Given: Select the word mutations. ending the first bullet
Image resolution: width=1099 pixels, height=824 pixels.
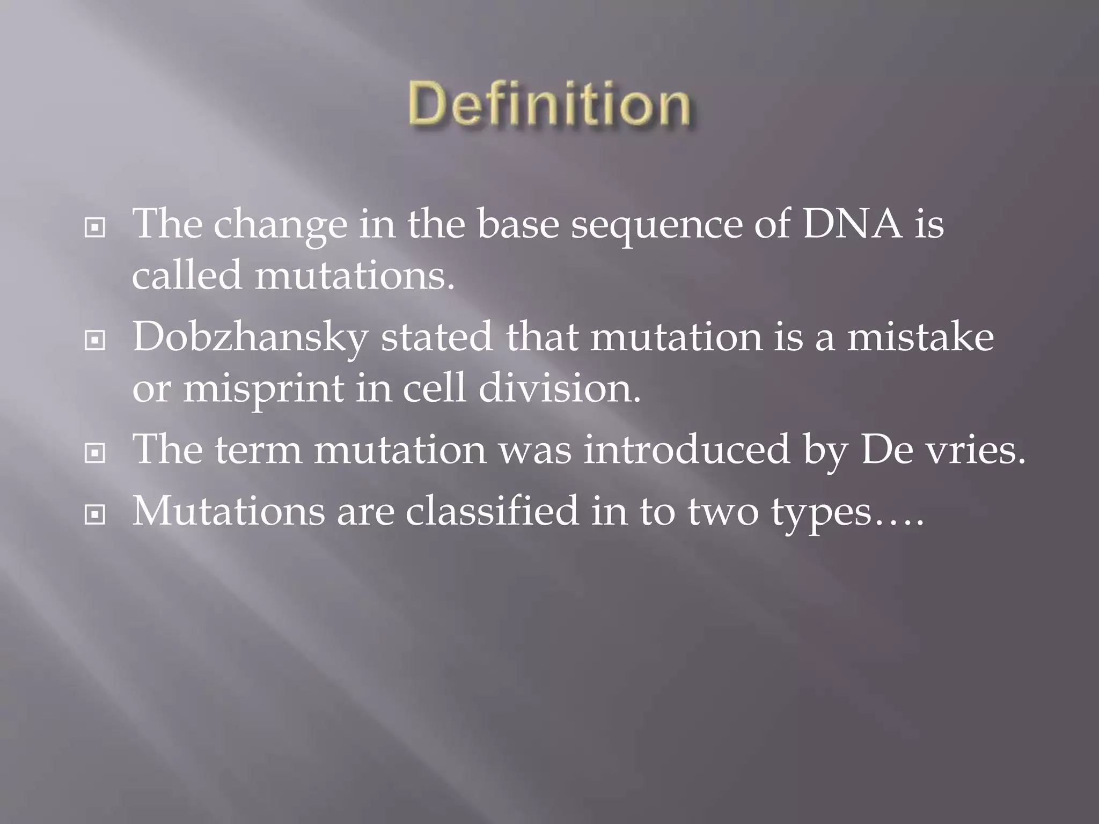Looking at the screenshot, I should [x=354, y=276].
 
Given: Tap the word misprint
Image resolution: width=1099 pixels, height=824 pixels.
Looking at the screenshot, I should [x=263, y=389].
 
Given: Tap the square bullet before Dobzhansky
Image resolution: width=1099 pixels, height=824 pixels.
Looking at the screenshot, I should [x=95, y=340].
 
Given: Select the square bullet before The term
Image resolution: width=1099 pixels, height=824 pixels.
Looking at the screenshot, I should [x=95, y=454].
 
